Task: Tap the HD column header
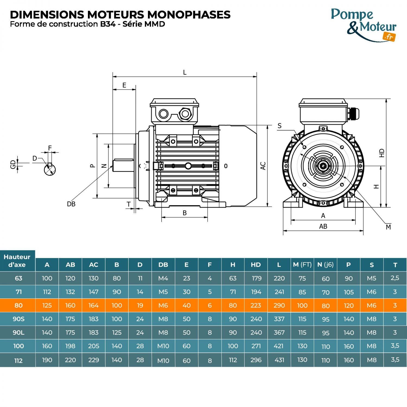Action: coord(256,265)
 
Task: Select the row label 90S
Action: coord(18,319)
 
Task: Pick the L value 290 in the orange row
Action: coord(279,306)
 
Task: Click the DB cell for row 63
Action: coord(163,278)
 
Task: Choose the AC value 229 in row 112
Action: coord(94,360)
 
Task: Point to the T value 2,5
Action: coord(395,278)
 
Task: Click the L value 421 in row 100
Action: coord(279,346)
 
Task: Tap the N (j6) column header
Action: coord(325,265)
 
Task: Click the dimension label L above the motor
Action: coord(185,72)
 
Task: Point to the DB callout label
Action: coord(71,204)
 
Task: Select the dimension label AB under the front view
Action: coord(323,226)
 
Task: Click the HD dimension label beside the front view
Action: coord(382,153)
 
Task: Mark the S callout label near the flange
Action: coord(279,126)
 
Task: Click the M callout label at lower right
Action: coord(388,227)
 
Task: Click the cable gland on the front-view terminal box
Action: coord(353,113)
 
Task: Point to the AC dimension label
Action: coord(263,166)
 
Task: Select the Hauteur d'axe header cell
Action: coord(17,261)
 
